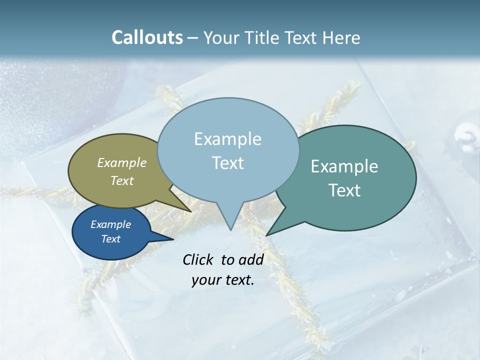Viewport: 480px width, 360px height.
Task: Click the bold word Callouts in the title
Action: click(147, 37)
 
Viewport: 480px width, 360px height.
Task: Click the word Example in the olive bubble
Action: click(122, 162)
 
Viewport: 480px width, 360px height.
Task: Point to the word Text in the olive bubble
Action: click(122, 180)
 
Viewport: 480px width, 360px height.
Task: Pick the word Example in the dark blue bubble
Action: click(111, 224)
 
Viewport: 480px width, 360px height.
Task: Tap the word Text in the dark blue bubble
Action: click(111, 239)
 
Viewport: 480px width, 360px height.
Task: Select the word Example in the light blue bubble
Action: click(228, 139)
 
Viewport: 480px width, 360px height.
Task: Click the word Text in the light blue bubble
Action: click(228, 163)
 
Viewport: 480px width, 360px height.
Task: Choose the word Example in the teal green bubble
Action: click(344, 166)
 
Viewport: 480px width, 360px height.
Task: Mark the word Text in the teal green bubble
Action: click(344, 190)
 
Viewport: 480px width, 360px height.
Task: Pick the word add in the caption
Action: click(251, 259)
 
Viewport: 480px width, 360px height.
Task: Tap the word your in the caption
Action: click(205, 280)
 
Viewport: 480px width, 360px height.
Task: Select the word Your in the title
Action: click(221, 37)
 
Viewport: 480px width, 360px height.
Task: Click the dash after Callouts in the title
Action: click(193, 38)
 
